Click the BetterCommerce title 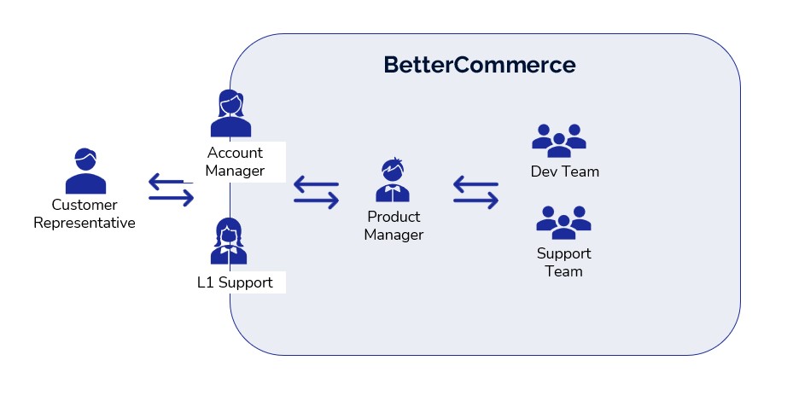coord(479,65)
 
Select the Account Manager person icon coord(231,114)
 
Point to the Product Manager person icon coord(394,181)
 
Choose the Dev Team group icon coord(559,140)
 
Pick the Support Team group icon coord(563,222)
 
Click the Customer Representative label coord(85,214)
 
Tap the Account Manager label coord(235,162)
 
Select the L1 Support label coord(235,282)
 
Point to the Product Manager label coord(394,226)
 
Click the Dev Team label coord(565,172)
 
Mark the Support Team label coord(564,263)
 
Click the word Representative coord(85,224)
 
